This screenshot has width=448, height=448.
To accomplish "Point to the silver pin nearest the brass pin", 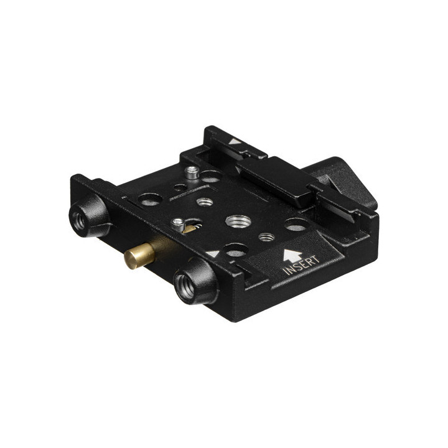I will click(179, 222).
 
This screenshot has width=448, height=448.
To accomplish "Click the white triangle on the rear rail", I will click(234, 141).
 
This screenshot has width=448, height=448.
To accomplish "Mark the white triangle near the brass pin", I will click(213, 254).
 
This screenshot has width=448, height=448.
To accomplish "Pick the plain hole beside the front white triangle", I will click(235, 250).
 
